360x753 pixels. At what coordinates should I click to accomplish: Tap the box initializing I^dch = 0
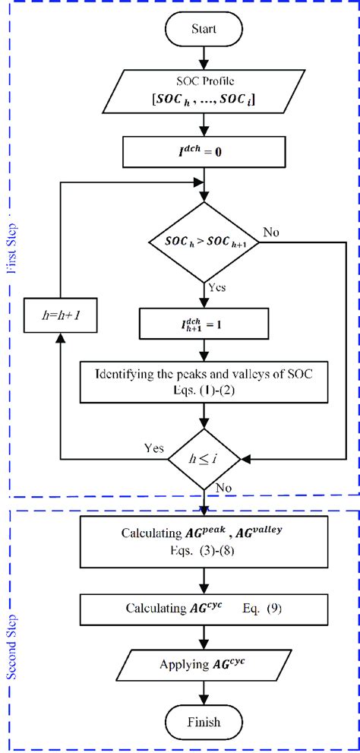[203, 152]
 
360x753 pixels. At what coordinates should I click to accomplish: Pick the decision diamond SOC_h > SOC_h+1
[203, 242]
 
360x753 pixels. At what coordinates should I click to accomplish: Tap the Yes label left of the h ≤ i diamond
[153, 448]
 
